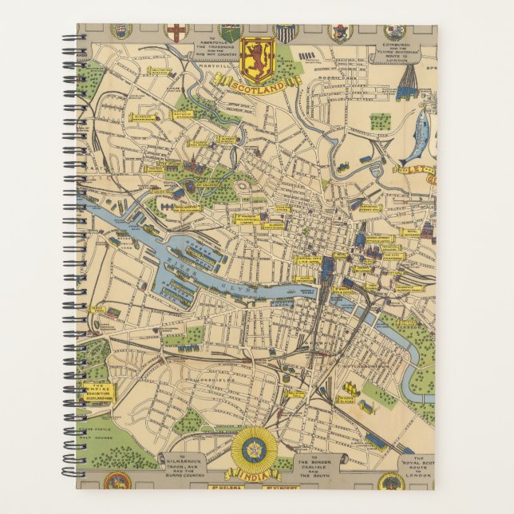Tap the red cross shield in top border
point(175,32)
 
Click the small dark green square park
point(380,121)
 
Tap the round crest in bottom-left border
point(117,481)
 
